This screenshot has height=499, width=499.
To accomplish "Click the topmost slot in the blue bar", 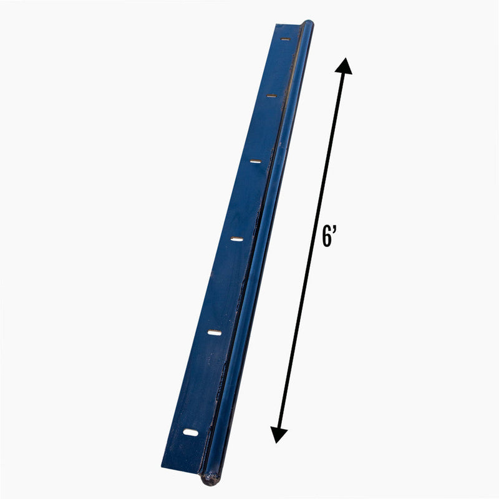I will (x=285, y=39).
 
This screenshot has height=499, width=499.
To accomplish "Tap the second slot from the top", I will (x=272, y=95).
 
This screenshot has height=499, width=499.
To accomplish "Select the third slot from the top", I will (x=256, y=162).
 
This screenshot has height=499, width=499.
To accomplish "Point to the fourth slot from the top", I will (x=236, y=239).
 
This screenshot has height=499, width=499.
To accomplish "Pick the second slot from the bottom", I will (x=215, y=332).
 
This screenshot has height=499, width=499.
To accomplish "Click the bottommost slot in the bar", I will (x=191, y=432).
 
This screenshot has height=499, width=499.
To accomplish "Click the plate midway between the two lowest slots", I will (x=203, y=382).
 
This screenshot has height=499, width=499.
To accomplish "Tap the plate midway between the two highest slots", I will (x=278, y=67).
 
